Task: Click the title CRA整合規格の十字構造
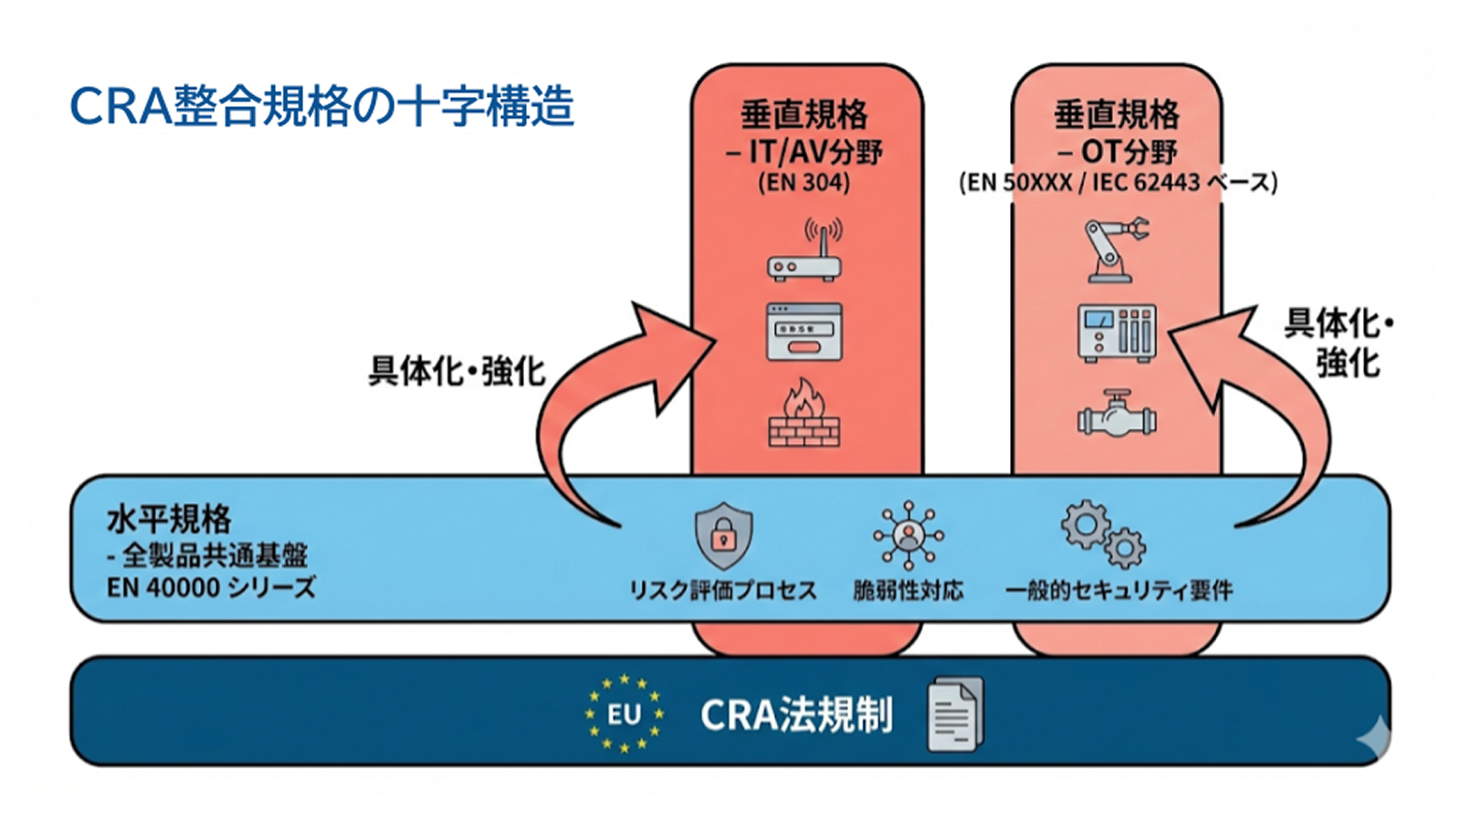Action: click(x=321, y=106)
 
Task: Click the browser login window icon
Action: click(x=804, y=332)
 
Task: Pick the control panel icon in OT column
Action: click(x=1117, y=332)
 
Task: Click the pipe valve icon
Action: click(x=1116, y=416)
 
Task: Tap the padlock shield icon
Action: click(x=723, y=536)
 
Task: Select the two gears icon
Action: click(x=1102, y=534)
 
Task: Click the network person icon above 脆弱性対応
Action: click(x=908, y=534)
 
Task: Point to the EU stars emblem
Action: click(x=625, y=714)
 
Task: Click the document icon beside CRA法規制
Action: click(x=955, y=714)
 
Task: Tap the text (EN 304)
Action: click(x=804, y=183)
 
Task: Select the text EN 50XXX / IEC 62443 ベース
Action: click(x=1118, y=183)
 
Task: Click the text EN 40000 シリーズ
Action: click(x=211, y=587)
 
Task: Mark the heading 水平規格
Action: click(x=169, y=520)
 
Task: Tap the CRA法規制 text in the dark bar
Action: click(x=796, y=715)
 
